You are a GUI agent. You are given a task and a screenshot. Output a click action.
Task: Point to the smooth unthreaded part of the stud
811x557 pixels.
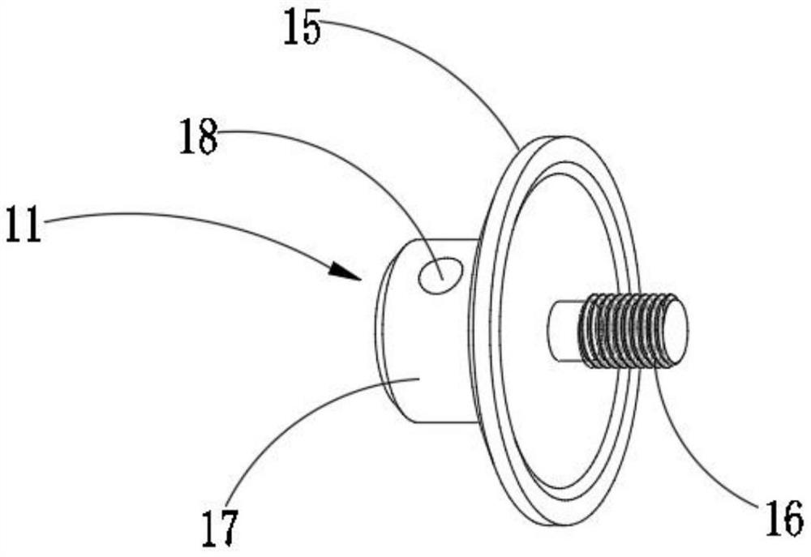pos(563,331)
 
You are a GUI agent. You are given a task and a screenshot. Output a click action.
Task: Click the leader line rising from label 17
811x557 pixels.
pos(300,422)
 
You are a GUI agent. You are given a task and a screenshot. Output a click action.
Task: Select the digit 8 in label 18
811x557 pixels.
pos(209,138)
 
